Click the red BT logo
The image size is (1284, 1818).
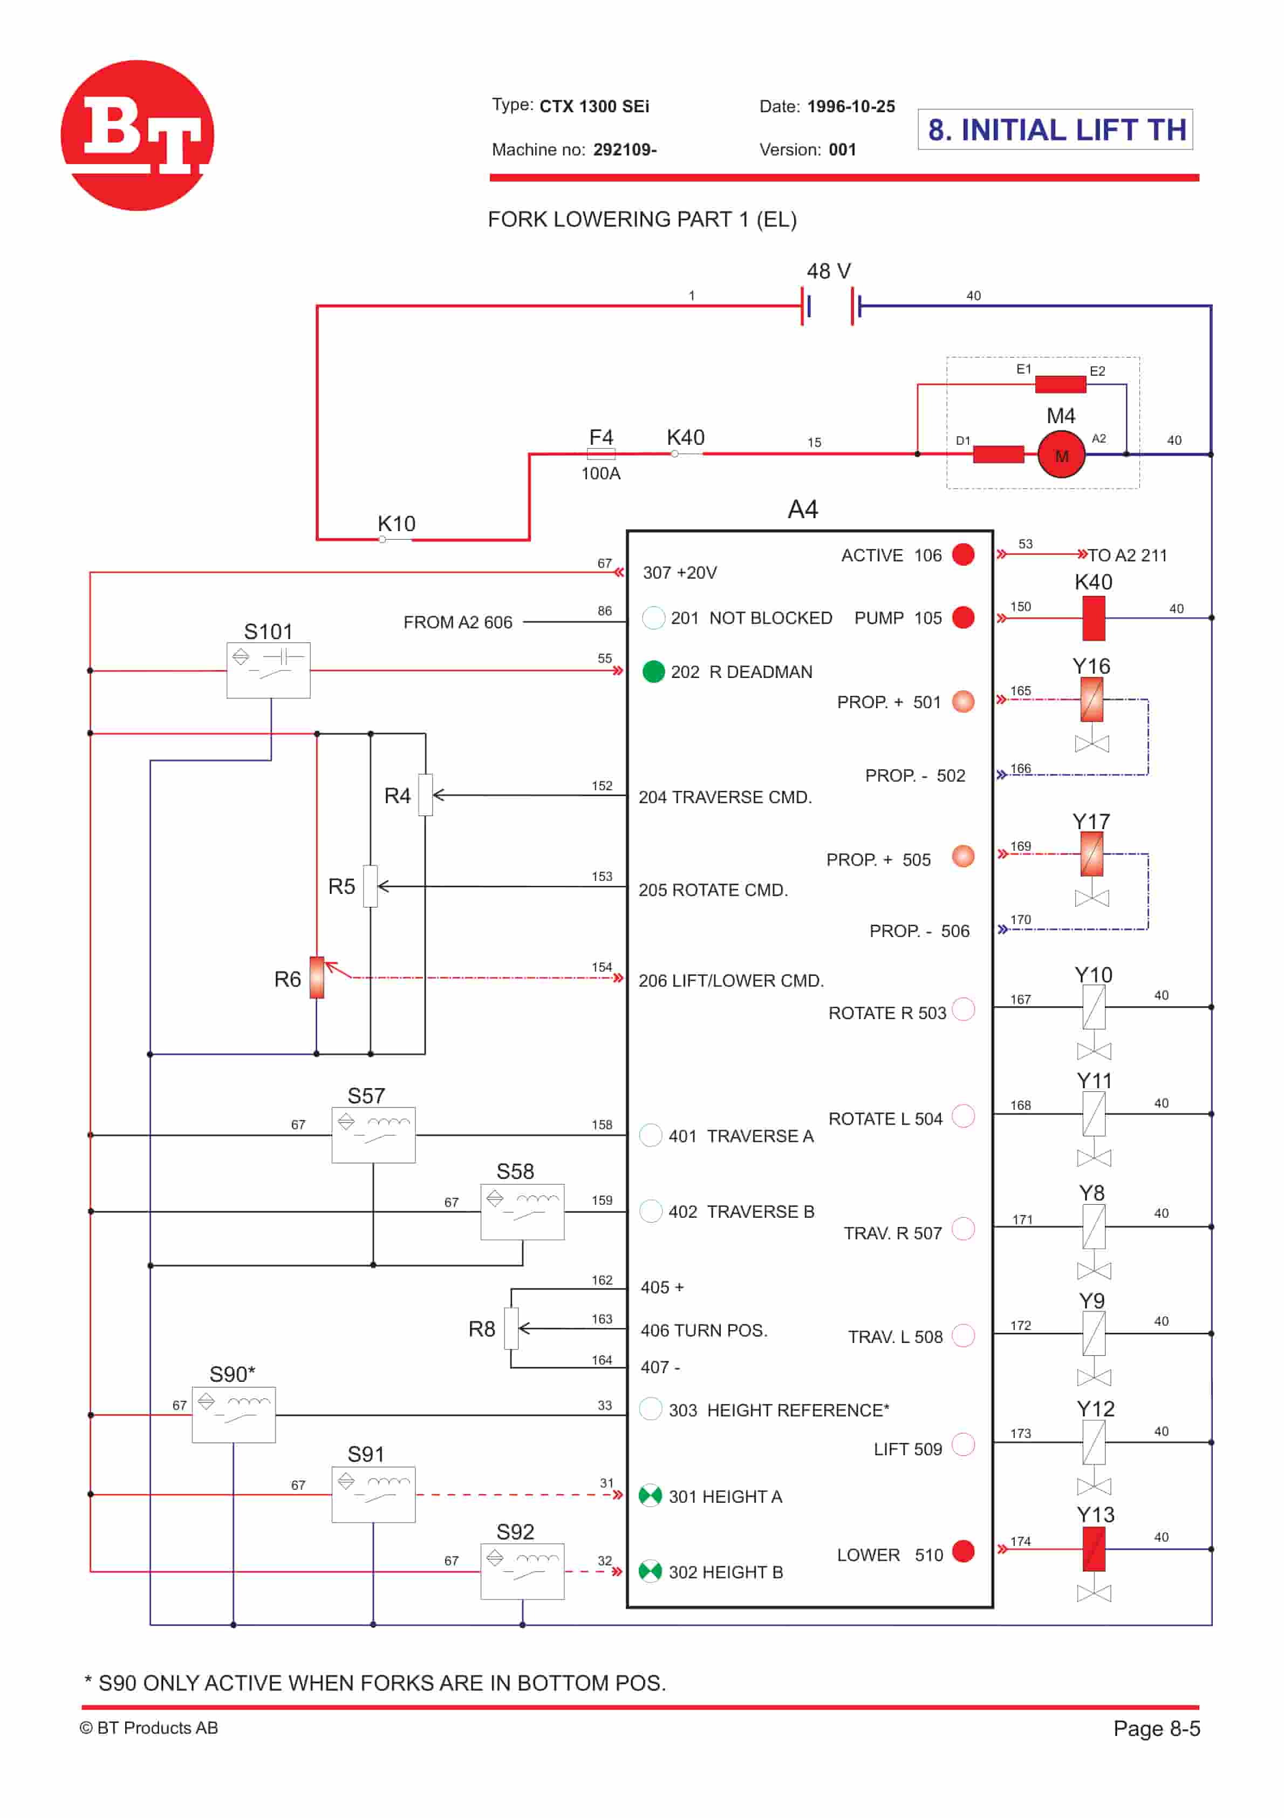coord(137,135)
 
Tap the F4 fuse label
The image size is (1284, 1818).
coord(601,437)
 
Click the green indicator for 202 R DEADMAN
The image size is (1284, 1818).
coord(653,671)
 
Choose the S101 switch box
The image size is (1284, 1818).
coord(268,670)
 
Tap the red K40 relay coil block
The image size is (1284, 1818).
coord(1093,618)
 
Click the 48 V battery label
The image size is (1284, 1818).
coord(828,272)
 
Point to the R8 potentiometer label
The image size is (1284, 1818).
coord(481,1328)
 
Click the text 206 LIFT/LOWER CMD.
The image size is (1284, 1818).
coord(730,980)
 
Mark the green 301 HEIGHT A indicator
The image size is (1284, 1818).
coord(650,1495)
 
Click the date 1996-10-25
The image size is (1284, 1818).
coord(851,106)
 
